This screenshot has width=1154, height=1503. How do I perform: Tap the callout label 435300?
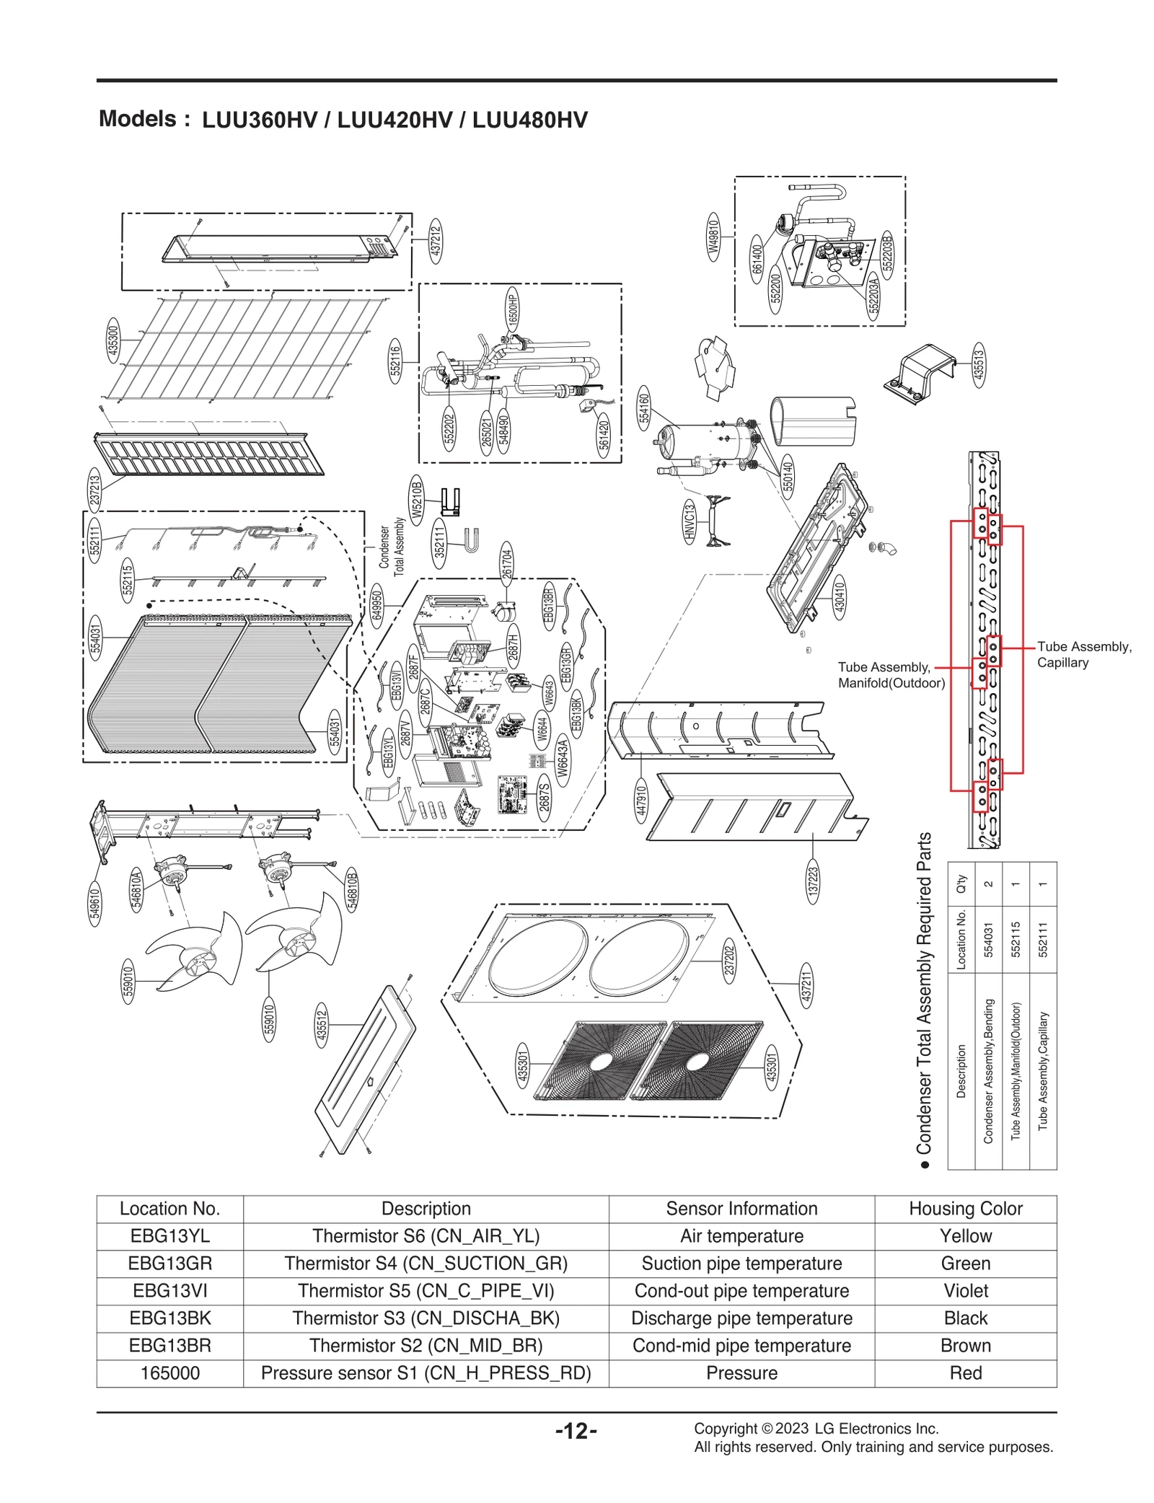pyautogui.click(x=113, y=341)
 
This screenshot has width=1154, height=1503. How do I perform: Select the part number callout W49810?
pyautogui.click(x=713, y=236)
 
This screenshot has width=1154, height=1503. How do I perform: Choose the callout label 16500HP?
pyautogui.click(x=512, y=309)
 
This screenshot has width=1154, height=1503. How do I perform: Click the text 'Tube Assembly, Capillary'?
pyautogui.click(x=1083, y=654)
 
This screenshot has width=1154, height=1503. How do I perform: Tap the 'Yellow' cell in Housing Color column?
pyautogui.click(x=965, y=1236)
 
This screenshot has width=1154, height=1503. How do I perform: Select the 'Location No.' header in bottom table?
pyautogui.click(x=169, y=1209)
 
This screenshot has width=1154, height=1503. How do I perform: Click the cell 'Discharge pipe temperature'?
pyautogui.click(x=741, y=1318)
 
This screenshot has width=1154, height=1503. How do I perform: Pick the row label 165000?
pyautogui.click(x=169, y=1373)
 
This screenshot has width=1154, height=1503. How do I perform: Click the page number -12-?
pyautogui.click(x=576, y=1431)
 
